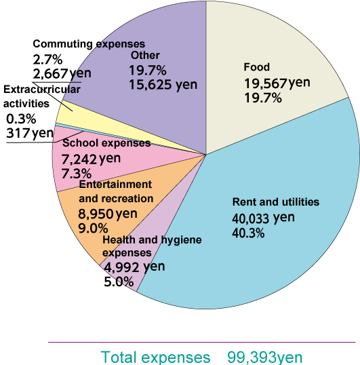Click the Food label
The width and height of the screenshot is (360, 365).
(x=256, y=67)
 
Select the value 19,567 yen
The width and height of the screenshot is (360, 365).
(x=277, y=83)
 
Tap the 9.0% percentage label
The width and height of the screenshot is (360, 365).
(x=92, y=229)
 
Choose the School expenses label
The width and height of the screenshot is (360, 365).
(x=106, y=143)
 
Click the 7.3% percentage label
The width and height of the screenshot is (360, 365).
(x=75, y=174)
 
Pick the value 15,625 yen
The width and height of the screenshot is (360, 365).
(x=163, y=84)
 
